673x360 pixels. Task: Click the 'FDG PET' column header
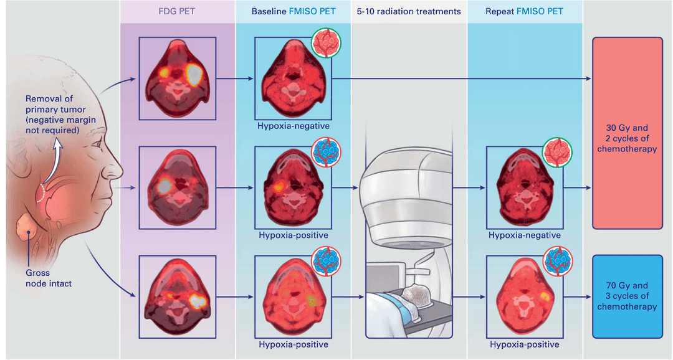pyautogui.click(x=178, y=11)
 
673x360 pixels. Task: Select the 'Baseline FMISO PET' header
pyautogui.click(x=294, y=11)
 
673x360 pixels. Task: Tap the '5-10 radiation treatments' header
pyautogui.click(x=409, y=11)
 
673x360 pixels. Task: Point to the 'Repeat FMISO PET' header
pyautogui.click(x=525, y=11)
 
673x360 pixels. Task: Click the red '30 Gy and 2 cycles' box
pyautogui.click(x=627, y=133)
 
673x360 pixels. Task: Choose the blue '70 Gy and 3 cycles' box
pyautogui.click(x=627, y=295)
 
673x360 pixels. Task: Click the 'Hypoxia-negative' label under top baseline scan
pyautogui.click(x=294, y=126)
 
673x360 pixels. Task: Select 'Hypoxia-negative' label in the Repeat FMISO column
pyautogui.click(x=525, y=235)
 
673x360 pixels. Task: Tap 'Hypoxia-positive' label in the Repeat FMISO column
pyautogui.click(x=525, y=344)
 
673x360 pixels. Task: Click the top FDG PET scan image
pyautogui.click(x=178, y=78)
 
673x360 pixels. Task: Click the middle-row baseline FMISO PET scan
pyautogui.click(x=294, y=187)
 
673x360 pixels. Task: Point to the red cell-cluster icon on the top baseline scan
pyautogui.click(x=327, y=42)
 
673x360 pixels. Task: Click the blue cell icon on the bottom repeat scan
pyautogui.click(x=558, y=260)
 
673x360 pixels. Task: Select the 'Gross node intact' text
pyautogui.click(x=49, y=278)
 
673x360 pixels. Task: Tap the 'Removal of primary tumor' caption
pyautogui.click(x=55, y=115)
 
